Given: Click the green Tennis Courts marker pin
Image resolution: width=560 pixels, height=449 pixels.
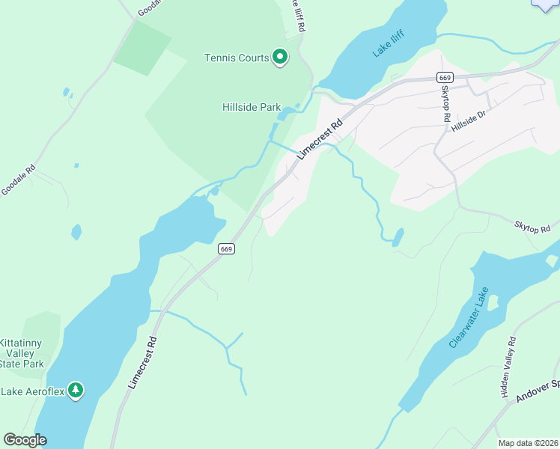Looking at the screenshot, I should [x=280, y=57].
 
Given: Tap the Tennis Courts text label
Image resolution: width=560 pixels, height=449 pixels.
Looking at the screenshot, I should [x=237, y=58].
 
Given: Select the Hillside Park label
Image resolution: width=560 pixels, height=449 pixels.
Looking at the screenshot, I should [x=252, y=107].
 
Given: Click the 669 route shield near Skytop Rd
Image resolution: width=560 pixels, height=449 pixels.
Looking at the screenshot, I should [x=445, y=78].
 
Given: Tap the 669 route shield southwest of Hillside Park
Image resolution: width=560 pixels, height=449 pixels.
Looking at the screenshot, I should [x=227, y=248].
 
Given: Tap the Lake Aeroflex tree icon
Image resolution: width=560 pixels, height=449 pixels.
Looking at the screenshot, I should [x=75, y=390].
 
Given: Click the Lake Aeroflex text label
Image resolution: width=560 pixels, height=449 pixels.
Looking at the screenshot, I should [x=31, y=391].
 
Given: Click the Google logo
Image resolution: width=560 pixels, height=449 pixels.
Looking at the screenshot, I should [x=25, y=440].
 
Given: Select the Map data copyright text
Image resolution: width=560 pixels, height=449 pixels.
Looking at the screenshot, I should [x=529, y=443].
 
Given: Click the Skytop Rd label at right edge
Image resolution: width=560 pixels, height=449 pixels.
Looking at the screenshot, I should [x=532, y=225].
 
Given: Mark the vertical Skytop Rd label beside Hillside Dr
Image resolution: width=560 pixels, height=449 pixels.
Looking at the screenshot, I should [x=445, y=103].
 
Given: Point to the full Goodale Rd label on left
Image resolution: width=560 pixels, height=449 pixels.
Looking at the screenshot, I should [x=18, y=180].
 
